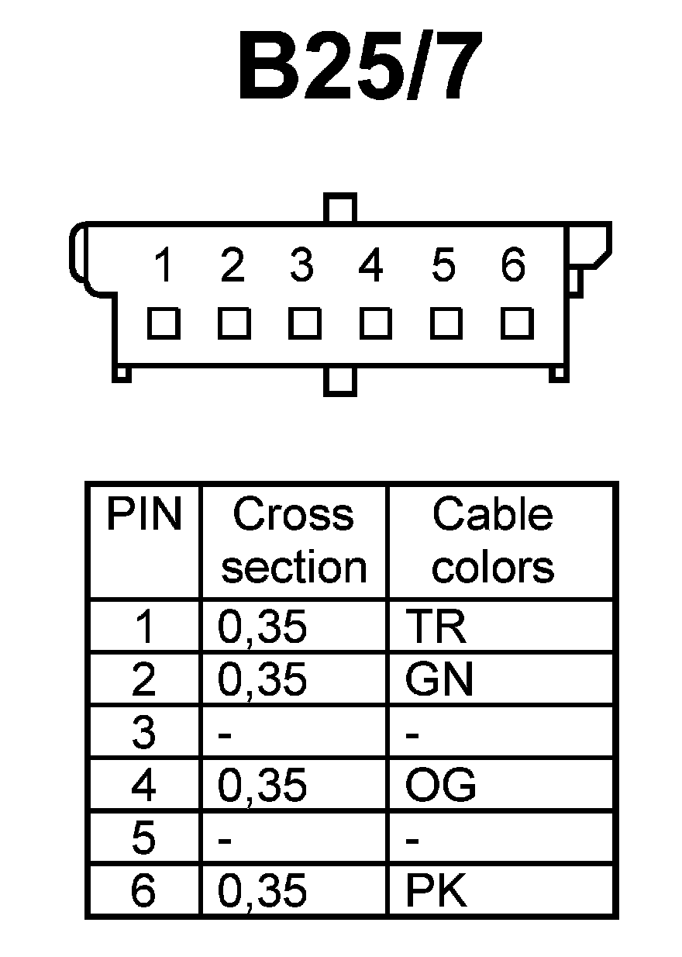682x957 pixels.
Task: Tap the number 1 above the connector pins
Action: coord(163,266)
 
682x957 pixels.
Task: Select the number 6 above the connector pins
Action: coord(512,266)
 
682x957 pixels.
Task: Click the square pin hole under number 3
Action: coord(305,323)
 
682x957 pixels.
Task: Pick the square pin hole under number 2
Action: coord(234,323)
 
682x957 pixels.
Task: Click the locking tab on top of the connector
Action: coord(341,208)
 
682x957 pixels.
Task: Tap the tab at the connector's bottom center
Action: coord(340,381)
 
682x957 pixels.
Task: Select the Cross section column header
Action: coord(293,541)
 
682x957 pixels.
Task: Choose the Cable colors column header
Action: coord(493,541)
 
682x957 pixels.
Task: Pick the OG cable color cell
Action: coord(440,786)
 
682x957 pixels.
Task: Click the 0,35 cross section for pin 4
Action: coord(262,786)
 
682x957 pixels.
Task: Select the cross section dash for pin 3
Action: coord(225,734)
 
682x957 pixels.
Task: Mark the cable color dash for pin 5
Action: coord(412,840)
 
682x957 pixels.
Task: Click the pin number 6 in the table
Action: coord(143,891)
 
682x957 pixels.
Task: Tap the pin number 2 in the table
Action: coord(143,680)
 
